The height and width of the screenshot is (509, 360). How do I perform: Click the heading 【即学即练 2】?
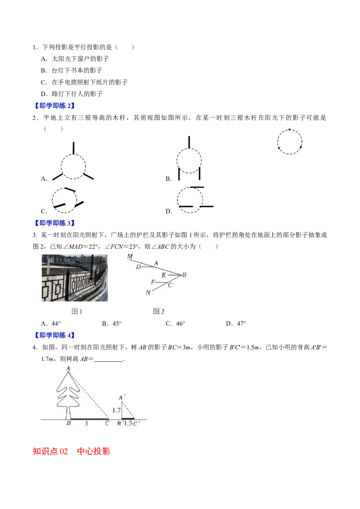[x=54, y=106]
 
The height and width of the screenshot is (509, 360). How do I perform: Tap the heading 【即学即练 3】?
[x=54, y=223]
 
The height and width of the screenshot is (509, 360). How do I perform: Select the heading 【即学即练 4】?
[x=54, y=335]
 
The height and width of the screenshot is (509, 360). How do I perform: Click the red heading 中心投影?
[x=94, y=451]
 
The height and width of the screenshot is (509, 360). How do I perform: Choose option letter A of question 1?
[x=44, y=59]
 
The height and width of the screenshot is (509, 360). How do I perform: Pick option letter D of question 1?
[x=44, y=94]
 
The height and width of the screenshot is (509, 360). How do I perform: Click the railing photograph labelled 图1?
[x=75, y=278]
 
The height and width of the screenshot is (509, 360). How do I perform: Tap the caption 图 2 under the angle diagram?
[x=158, y=311]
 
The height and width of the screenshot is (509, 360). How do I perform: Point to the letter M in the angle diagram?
[x=130, y=256]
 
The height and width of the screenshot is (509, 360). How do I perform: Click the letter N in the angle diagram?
[x=148, y=292]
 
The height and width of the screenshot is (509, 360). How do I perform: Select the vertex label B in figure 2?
[x=184, y=275]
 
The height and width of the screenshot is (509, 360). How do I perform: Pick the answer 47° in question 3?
[x=241, y=324]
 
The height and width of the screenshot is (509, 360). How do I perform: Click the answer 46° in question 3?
[x=180, y=324]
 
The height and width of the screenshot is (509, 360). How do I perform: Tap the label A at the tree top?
[x=68, y=368]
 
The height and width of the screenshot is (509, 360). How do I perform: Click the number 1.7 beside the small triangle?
[x=116, y=411]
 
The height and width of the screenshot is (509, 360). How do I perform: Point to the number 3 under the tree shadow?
[x=86, y=423]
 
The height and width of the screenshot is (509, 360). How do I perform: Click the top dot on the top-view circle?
[x=290, y=129]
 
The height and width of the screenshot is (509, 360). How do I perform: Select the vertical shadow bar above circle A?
[x=73, y=147]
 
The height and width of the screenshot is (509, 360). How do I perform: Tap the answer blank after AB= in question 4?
[x=108, y=360]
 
